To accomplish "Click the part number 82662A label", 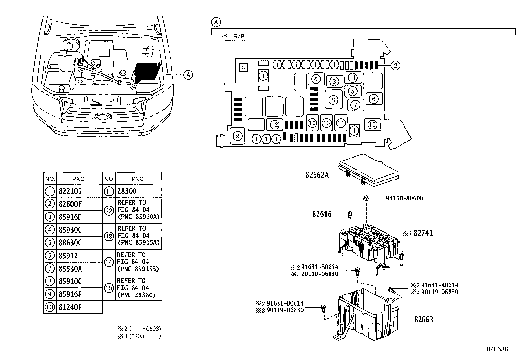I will pyautogui.click(x=317, y=175).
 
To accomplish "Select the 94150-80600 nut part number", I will pyautogui.click(x=404, y=198).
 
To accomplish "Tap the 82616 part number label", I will pyautogui.click(x=322, y=214).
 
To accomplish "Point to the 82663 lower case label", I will pyautogui.click(x=423, y=319).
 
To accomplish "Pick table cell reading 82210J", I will pyautogui.click(x=70, y=191).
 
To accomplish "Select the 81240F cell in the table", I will pyautogui.click(x=70, y=307).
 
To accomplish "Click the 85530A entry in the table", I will pyautogui.click(x=70, y=269).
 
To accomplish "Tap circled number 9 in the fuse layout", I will pyautogui.click(x=238, y=136).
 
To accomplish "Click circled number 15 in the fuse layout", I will pyautogui.click(x=372, y=124).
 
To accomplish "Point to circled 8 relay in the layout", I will pyautogui.click(x=333, y=100).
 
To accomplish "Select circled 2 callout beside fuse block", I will pyautogui.click(x=395, y=66).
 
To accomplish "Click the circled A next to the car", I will pyautogui.click(x=188, y=75).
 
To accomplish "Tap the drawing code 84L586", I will pyautogui.click(x=497, y=349).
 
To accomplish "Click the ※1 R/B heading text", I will pyautogui.click(x=233, y=37).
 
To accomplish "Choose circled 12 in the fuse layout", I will pyautogui.click(x=275, y=124).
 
